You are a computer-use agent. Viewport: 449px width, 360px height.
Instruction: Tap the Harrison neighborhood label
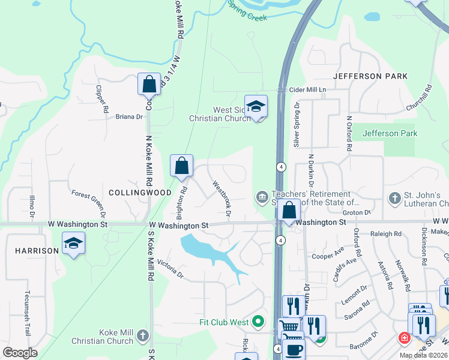pos(37,250)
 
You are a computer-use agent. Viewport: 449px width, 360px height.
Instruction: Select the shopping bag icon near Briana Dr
pos(149,85)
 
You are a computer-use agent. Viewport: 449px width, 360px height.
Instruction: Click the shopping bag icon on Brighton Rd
pos(181,166)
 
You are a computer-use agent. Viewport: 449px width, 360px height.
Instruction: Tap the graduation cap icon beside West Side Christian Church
pos(256,107)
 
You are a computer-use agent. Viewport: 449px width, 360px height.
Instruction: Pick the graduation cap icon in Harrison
pos(73,243)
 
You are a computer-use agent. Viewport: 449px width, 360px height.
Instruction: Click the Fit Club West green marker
pos(258,322)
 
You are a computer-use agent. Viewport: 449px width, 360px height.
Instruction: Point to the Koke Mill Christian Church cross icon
pos(142,334)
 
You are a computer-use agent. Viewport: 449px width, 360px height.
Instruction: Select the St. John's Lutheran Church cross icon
pos(394,197)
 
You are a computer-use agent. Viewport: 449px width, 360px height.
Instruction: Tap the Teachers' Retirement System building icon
pos(262,197)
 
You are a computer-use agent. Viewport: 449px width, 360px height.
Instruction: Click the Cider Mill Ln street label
pos(307,89)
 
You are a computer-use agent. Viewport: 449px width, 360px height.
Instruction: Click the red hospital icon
pos(405,338)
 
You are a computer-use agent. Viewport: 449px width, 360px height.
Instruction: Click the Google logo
pos(20,353)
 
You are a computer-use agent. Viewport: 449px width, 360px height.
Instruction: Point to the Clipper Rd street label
pos(100,99)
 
